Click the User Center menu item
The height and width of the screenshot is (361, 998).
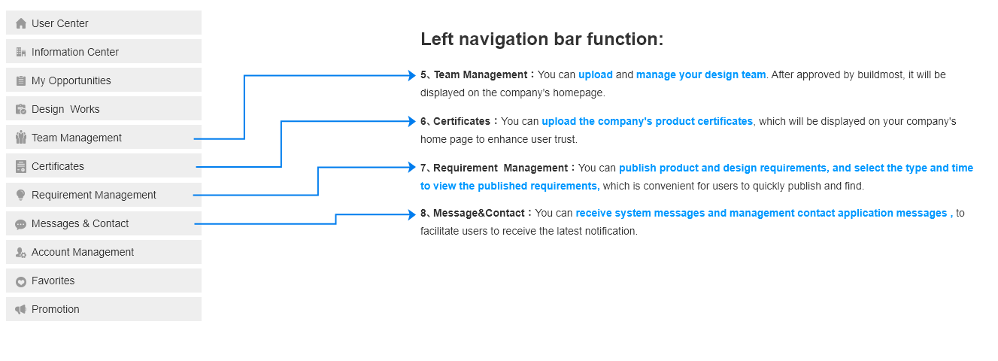tap(103, 23)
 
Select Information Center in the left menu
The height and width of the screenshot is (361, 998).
tap(103, 51)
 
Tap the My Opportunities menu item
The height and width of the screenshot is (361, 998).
tap(103, 80)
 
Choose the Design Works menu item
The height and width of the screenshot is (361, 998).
tap(103, 108)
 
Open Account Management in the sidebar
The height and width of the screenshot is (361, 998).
tap(103, 252)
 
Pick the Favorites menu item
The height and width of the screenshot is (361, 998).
tap(103, 281)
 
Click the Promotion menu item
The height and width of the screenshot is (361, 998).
tap(103, 309)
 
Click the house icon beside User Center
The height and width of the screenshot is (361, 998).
tap(21, 23)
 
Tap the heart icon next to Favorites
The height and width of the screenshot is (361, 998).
tap(21, 282)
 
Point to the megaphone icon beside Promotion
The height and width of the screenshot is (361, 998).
tap(21, 309)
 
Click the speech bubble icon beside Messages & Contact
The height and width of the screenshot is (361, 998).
tap(21, 224)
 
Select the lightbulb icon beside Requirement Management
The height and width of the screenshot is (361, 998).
tap(20, 196)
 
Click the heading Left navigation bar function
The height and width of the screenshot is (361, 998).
tap(541, 39)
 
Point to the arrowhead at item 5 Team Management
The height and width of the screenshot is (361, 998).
tap(412, 75)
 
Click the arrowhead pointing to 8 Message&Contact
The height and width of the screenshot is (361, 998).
tap(412, 214)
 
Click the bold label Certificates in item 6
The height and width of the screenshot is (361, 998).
tap(462, 121)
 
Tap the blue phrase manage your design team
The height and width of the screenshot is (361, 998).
tap(701, 75)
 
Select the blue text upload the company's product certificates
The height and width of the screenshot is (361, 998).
tap(647, 121)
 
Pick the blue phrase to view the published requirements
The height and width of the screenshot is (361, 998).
tap(510, 186)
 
